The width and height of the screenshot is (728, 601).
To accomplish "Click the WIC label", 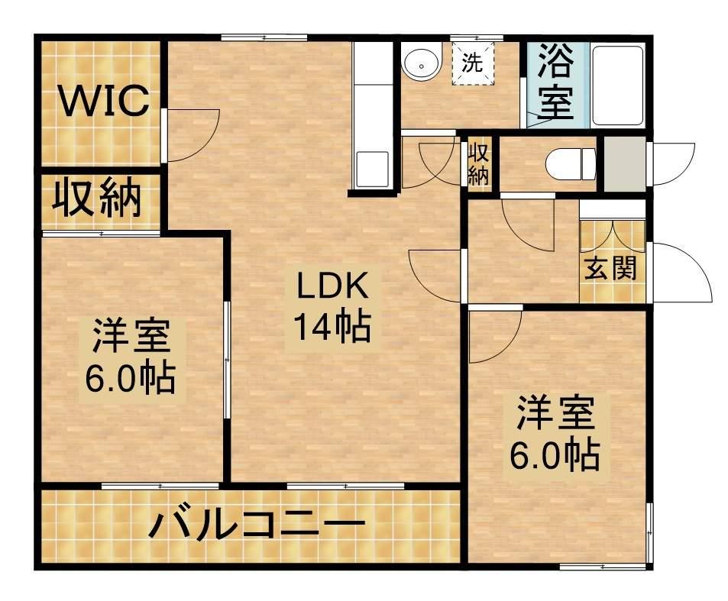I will (104, 102).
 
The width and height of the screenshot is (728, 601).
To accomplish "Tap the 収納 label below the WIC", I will (97, 199).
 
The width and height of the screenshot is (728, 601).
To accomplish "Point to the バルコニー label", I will (255, 526).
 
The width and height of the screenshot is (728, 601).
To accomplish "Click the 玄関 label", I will (612, 269).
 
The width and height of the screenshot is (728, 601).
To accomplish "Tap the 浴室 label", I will (556, 82).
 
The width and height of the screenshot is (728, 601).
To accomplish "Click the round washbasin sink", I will (422, 63).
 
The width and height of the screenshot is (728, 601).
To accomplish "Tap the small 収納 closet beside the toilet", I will (478, 163).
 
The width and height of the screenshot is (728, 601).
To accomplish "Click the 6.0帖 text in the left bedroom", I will (130, 377).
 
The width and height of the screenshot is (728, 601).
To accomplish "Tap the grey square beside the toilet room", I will (624, 163).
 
